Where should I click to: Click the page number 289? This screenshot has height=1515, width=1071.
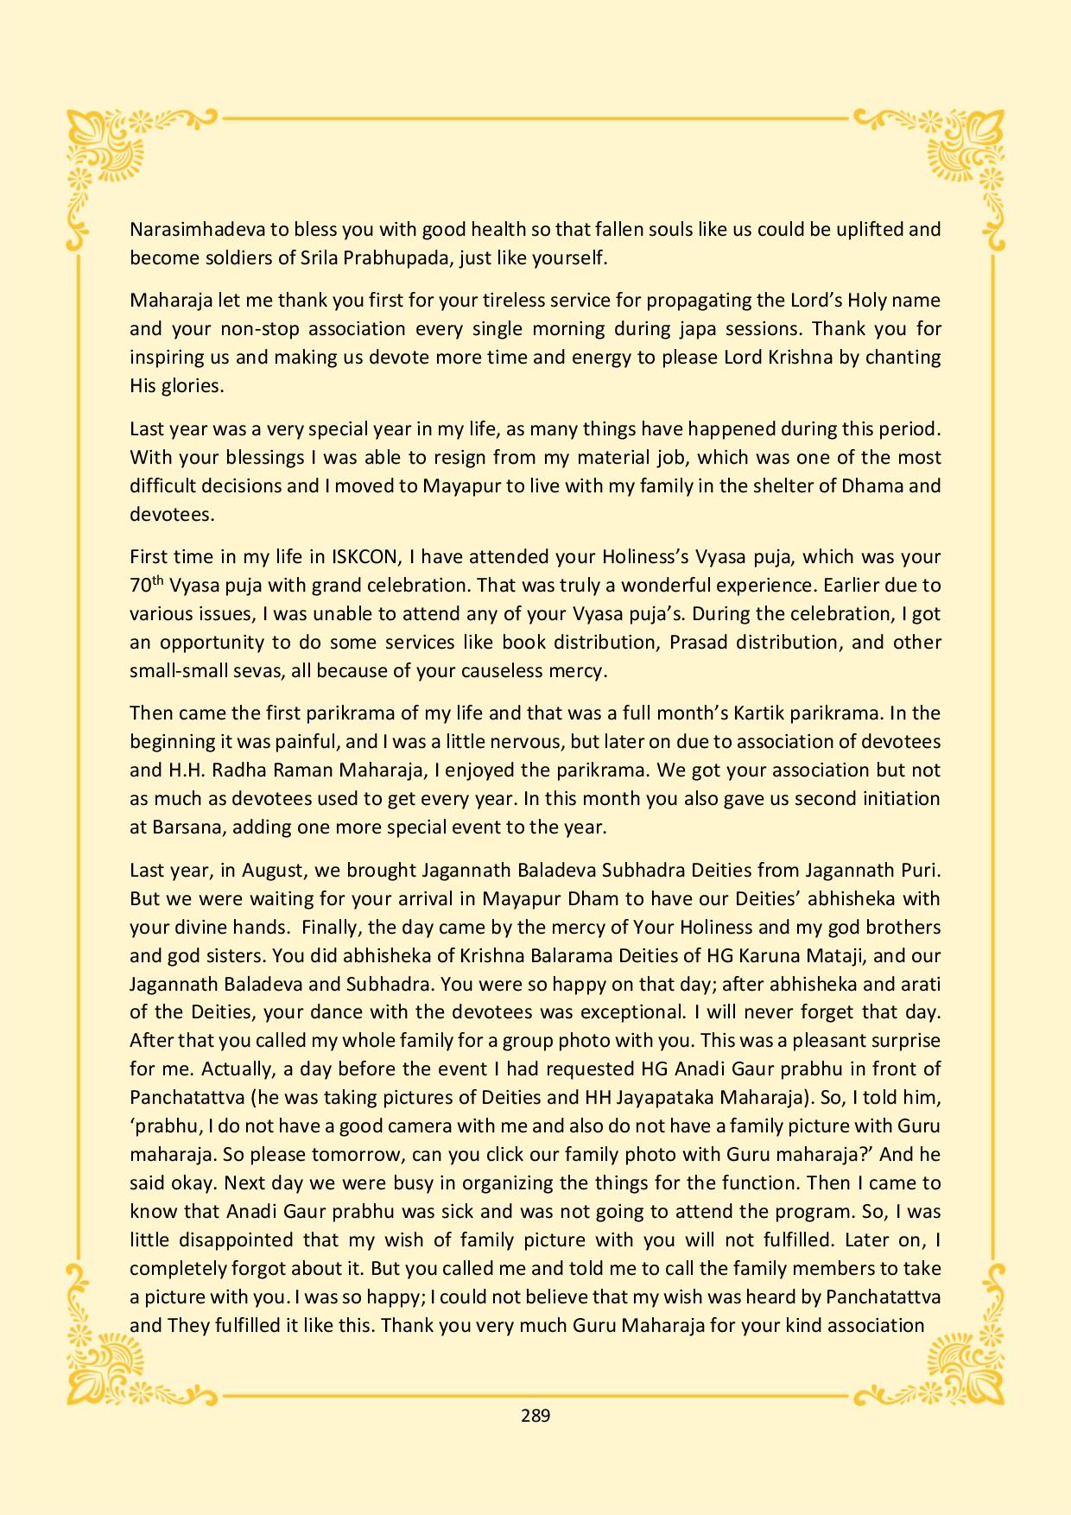(x=535, y=1415)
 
